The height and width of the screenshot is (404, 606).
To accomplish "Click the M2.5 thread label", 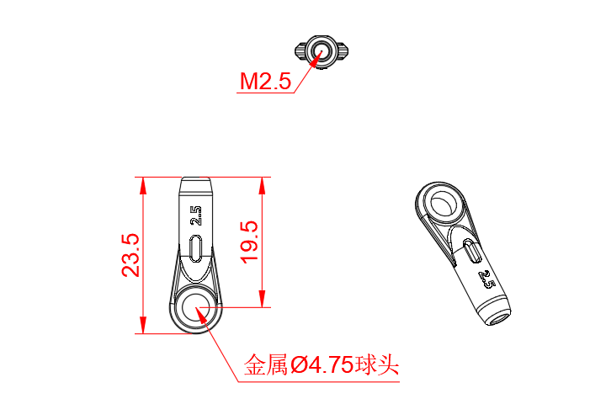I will tap(265, 82).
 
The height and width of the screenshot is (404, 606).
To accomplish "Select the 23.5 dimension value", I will tap(130, 256).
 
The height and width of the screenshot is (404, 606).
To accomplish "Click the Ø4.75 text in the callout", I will tap(322, 366).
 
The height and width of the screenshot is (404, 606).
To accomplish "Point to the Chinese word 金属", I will tap(265, 366).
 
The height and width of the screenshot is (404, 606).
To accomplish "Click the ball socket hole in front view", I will tap(196, 309).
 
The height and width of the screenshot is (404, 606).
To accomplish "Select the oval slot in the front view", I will tap(196, 250).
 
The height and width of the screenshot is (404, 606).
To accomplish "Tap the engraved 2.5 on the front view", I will tap(196, 216).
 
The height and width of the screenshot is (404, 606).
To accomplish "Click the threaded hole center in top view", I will tap(321, 53).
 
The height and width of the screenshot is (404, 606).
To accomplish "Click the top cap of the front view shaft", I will tap(197, 183).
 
